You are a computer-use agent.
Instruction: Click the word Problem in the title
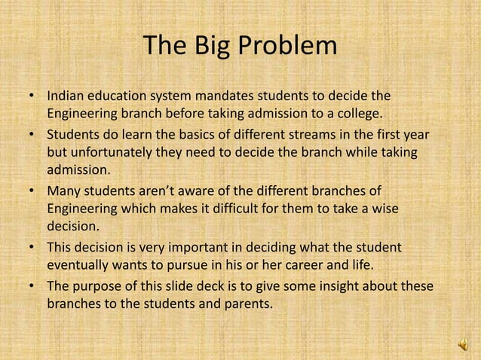click(x=287, y=47)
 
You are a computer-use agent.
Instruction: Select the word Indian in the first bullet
click(x=66, y=97)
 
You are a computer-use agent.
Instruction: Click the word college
click(x=360, y=114)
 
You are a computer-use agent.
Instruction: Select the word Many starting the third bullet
click(x=64, y=191)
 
